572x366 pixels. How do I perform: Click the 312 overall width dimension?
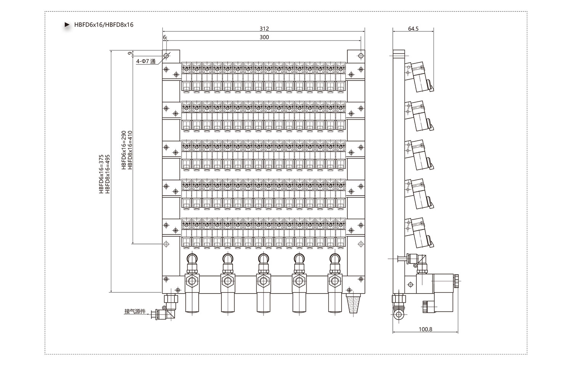[x=264, y=29]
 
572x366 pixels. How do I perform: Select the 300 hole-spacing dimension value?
[x=264, y=37]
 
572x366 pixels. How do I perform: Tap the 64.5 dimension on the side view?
[x=413, y=29]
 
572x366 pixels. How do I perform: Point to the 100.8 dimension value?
[x=426, y=329]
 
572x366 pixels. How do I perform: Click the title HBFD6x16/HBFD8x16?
[x=104, y=25]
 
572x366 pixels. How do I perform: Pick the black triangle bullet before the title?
[x=67, y=25]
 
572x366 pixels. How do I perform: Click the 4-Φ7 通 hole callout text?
[x=146, y=61]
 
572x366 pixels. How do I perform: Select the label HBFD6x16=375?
[x=101, y=174]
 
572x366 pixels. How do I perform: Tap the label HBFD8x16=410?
[x=130, y=150]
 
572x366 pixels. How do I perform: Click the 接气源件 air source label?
[x=135, y=311]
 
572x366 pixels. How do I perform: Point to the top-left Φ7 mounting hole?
[x=166, y=56]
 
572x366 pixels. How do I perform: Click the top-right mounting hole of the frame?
[x=361, y=56]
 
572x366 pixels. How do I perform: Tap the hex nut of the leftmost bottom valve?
[x=192, y=281]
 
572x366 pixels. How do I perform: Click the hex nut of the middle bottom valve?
[x=263, y=281]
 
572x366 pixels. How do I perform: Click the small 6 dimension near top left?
[x=164, y=37]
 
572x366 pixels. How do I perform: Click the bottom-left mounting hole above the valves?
[x=166, y=244]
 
